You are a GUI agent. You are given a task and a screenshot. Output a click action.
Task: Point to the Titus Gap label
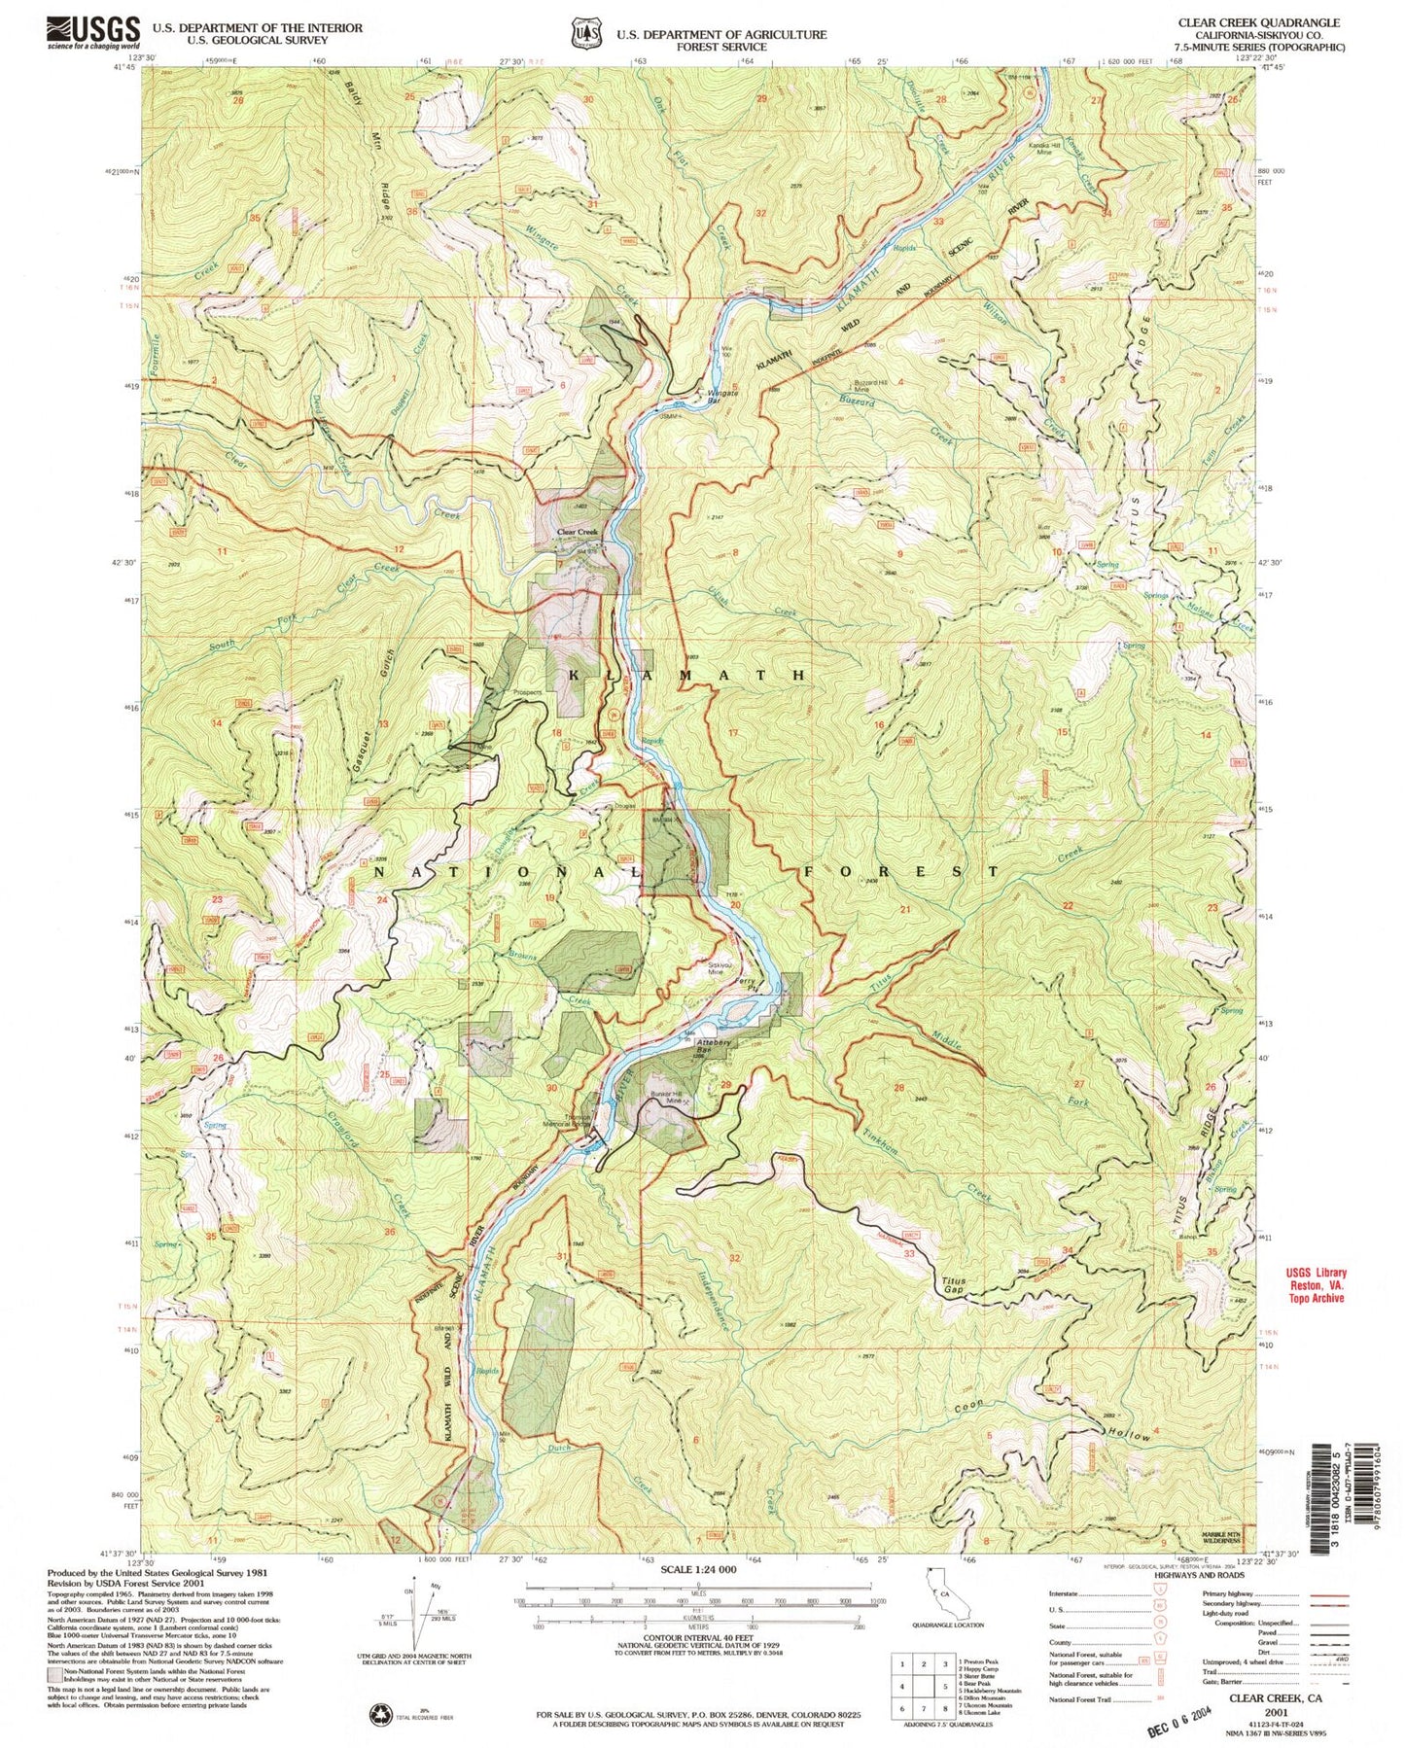pos(953,1286)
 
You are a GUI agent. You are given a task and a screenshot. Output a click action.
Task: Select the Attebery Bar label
pos(714,1047)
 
